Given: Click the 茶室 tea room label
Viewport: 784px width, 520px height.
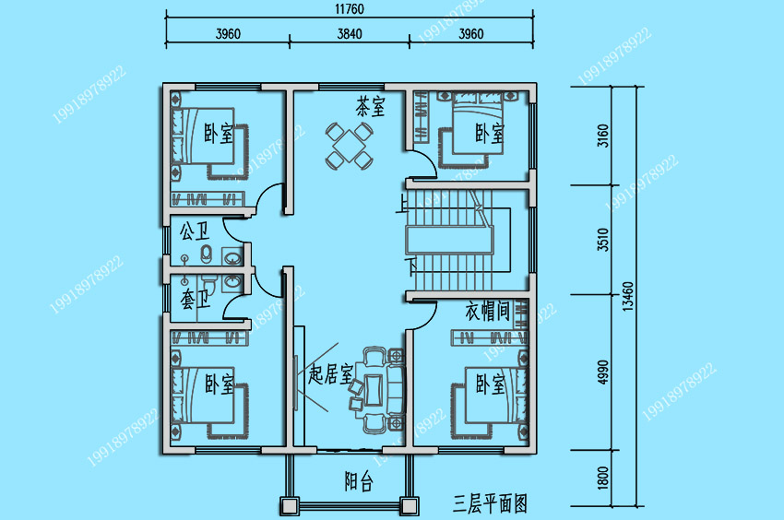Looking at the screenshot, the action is (371, 106).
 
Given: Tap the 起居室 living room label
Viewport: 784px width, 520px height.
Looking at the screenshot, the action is (330, 373).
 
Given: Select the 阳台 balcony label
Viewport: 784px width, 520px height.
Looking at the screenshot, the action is (359, 481).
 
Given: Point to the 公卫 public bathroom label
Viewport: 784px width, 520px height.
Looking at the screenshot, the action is (195, 230).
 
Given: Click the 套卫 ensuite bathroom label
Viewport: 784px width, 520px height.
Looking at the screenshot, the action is (195, 299).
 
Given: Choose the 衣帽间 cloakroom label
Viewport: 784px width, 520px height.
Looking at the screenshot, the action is (488, 311).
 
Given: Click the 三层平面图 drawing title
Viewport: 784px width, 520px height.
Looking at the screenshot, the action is (490, 503).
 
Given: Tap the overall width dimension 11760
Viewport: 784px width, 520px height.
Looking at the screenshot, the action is (350, 9).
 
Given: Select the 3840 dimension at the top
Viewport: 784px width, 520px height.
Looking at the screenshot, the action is (350, 33).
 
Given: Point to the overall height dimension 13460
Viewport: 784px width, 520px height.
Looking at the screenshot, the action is (628, 297).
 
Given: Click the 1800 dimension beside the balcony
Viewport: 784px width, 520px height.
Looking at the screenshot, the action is (603, 478).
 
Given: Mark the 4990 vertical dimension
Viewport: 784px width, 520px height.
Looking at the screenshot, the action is (603, 372).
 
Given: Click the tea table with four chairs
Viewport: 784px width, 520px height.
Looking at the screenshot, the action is (350, 146).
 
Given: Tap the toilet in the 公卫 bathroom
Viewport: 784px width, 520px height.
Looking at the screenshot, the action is (206, 254).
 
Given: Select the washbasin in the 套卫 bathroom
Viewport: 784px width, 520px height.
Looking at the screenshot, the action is (232, 281).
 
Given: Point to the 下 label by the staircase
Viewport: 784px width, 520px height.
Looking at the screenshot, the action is (411, 266).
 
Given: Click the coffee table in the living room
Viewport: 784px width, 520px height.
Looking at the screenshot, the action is (374, 389).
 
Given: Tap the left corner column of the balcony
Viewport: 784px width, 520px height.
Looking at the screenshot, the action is (290, 506).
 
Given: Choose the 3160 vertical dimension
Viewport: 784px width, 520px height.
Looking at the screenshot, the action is (603, 136).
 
